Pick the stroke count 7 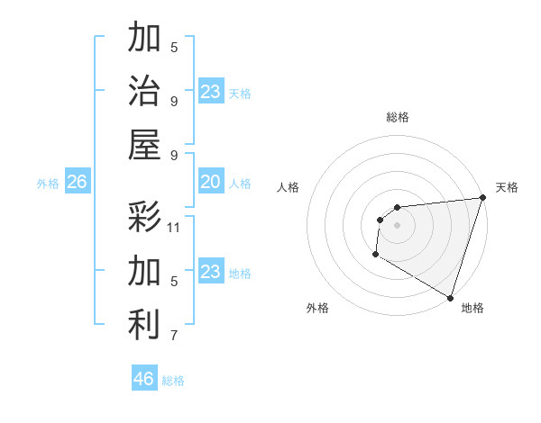coord(174,336)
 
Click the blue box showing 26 coord(77,183)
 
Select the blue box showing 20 coord(210,183)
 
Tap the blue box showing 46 coord(144,379)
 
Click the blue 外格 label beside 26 coord(48,184)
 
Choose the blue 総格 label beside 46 coord(173,381)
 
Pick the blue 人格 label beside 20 coord(240,184)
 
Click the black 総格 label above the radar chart coord(398,117)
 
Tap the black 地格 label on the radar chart coord(472,308)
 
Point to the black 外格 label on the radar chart coord(317,308)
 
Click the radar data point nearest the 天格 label coord(482,198)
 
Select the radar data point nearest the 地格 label coord(450,298)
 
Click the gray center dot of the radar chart coord(397,225)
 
